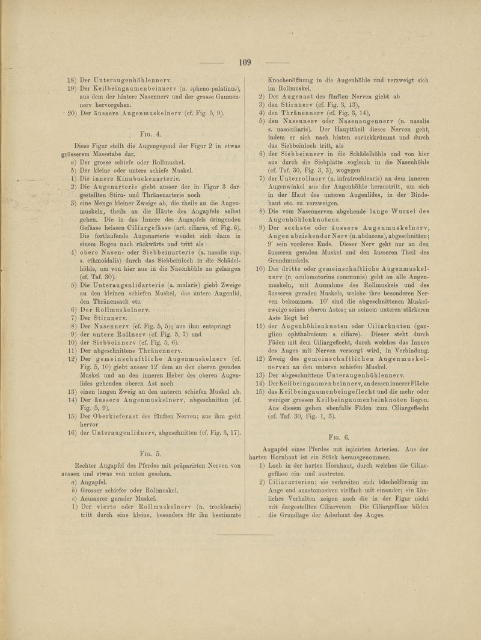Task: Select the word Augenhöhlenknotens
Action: (311, 220)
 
